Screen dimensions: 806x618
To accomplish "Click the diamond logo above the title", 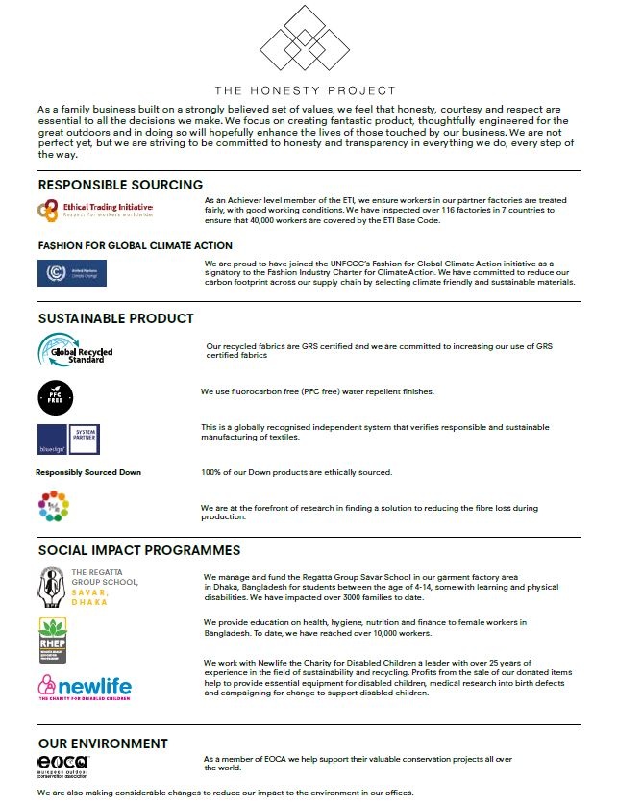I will (307, 38).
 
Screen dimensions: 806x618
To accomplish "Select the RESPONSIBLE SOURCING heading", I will (120, 185).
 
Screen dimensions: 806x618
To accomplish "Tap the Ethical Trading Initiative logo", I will (93, 209).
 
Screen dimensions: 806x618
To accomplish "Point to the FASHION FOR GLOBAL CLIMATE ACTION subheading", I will (135, 245).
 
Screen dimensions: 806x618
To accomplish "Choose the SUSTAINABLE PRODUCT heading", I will (115, 318).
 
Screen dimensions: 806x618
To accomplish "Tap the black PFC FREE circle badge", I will (54, 396).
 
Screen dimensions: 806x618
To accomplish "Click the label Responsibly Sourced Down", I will (88, 472).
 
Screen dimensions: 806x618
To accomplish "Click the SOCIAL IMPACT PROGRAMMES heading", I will (139, 551).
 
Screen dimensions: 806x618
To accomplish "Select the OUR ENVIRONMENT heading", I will (103, 743).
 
